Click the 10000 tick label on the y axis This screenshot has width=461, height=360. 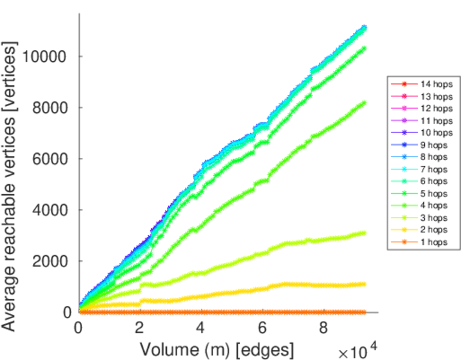click(x=46, y=57)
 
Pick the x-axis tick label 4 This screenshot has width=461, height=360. click(x=200, y=328)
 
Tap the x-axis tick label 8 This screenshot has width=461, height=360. click(x=323, y=328)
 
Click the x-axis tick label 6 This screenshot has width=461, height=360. click(x=262, y=328)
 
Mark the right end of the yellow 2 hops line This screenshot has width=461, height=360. click(x=364, y=284)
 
